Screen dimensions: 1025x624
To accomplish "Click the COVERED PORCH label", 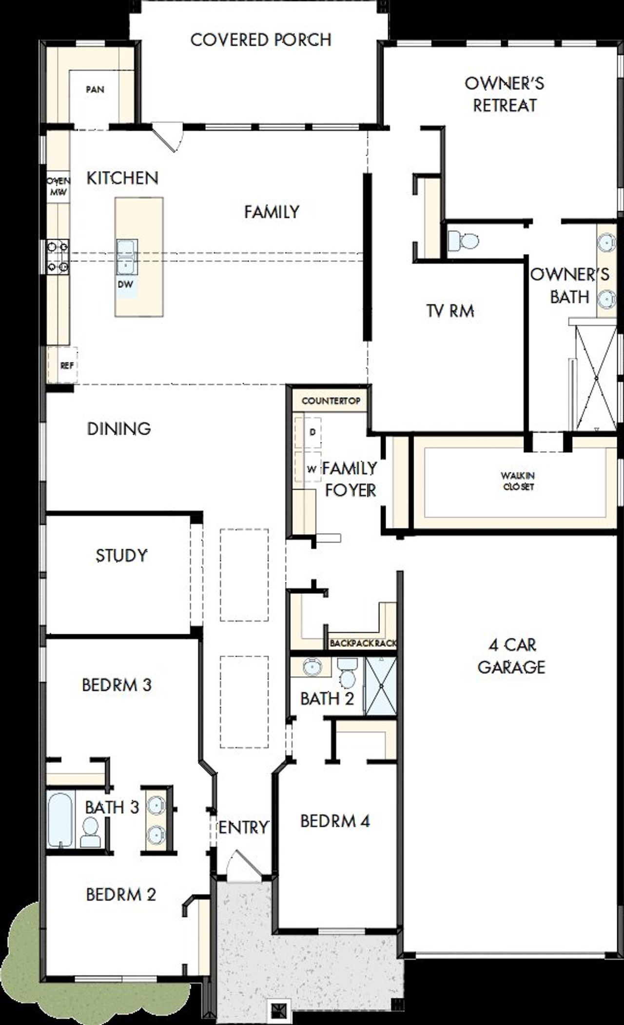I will pos(261,40).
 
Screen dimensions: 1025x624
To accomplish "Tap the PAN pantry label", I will pos(95,89).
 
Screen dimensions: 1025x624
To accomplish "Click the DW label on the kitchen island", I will pos(125,284).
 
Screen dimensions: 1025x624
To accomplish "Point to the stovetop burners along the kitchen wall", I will pos(57,257).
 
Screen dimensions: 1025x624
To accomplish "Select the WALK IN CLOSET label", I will pos(518,481).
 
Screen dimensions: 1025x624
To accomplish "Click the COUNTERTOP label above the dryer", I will pos(331,401).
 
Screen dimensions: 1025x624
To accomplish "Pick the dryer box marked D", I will pos(312,432).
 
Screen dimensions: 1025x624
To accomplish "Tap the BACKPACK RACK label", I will pos(363,643).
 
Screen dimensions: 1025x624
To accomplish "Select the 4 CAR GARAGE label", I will pos(511,656).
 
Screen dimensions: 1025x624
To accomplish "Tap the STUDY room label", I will pos(121,555).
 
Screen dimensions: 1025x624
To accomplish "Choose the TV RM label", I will pos(450,311).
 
